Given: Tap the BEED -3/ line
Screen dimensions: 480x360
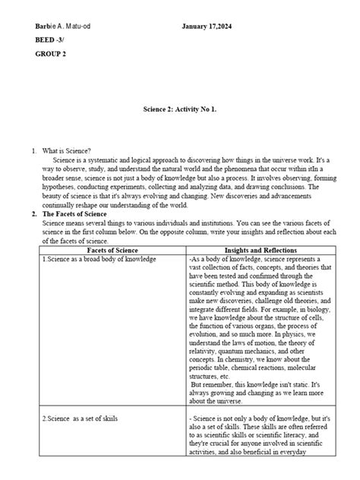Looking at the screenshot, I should coord(51,41).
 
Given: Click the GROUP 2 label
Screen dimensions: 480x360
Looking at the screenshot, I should coord(51,55).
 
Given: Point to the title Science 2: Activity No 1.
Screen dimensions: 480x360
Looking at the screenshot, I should coord(180,109).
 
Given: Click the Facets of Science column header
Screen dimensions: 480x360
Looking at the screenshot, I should coord(112,250).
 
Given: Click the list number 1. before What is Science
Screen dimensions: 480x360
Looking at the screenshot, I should coord(34,152).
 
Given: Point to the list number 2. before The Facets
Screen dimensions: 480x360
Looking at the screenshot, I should coord(34,214).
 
